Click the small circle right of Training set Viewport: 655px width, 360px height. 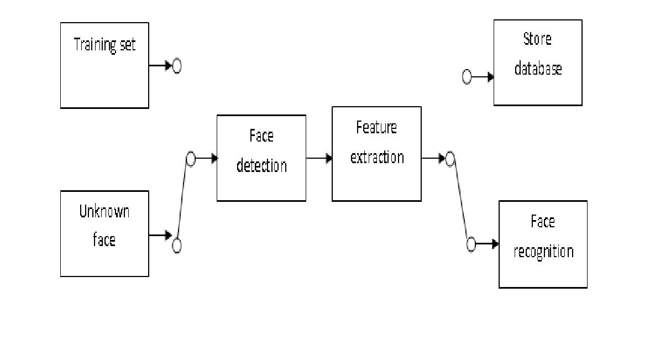(177, 66)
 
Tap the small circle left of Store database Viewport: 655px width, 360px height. (467, 77)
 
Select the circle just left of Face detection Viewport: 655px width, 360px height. (191, 159)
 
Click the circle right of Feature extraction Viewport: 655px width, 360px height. (450, 160)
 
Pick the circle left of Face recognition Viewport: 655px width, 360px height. (471, 244)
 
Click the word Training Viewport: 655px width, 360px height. (94, 45)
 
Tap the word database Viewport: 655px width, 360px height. (538, 69)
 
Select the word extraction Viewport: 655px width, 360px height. (377, 157)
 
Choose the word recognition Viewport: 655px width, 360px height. (543, 252)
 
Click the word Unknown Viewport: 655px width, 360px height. (104, 211)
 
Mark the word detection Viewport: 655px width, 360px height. (261, 165)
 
